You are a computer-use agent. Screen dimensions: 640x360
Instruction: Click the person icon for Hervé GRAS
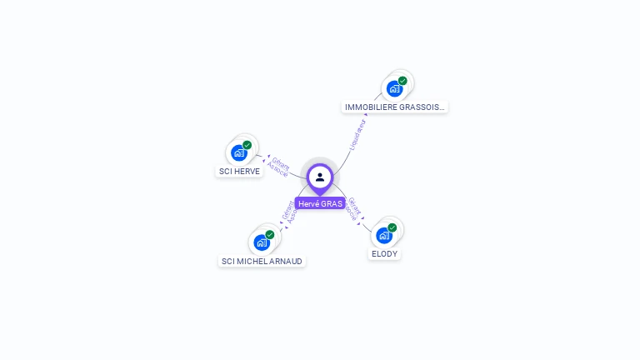pos(320,177)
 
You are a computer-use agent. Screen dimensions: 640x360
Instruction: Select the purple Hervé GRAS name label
pos(320,203)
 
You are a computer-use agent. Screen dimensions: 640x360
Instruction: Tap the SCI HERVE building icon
pos(239,153)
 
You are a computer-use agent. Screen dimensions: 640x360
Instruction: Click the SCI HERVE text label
pos(240,171)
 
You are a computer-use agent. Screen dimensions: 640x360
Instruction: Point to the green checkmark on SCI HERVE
pos(247,145)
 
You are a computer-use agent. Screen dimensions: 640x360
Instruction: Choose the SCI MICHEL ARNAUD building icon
pos(262,242)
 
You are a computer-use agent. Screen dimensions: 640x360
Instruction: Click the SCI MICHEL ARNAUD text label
pos(262,261)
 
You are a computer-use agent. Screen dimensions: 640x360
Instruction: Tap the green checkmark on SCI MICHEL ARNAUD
pos(270,235)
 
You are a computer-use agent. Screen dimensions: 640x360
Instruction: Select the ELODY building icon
pos(384,235)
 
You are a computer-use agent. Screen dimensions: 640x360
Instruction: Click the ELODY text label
pos(385,253)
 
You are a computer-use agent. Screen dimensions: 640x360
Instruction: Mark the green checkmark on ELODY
pos(392,227)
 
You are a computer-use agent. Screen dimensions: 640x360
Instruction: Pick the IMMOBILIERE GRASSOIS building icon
pos(394,88)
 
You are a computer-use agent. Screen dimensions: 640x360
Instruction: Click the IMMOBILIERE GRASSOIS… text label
pos(395,107)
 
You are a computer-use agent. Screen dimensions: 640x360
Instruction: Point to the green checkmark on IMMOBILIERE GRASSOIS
pos(402,81)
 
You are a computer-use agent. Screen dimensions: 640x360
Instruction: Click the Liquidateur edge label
pos(357,135)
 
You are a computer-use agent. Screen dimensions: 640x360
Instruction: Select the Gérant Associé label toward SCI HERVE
pos(279,167)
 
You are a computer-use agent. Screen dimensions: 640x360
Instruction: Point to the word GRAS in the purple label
pos(332,203)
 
